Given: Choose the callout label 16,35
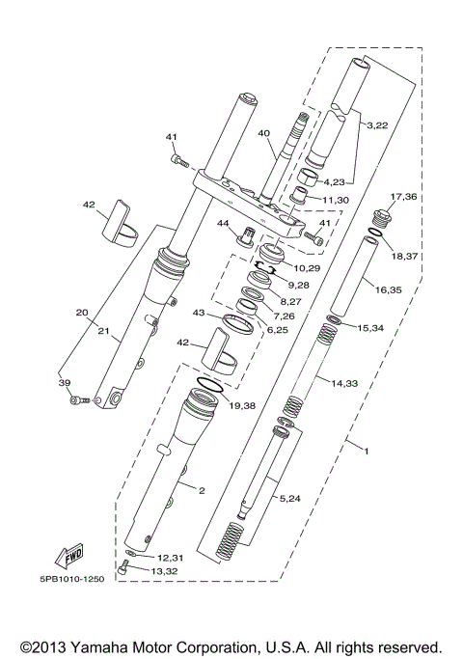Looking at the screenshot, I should (390, 288).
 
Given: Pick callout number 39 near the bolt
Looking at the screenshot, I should (66, 383).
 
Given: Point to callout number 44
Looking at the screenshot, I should (223, 224).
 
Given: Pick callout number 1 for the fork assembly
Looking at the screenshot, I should (366, 449).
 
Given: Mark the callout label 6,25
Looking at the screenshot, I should (277, 331).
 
